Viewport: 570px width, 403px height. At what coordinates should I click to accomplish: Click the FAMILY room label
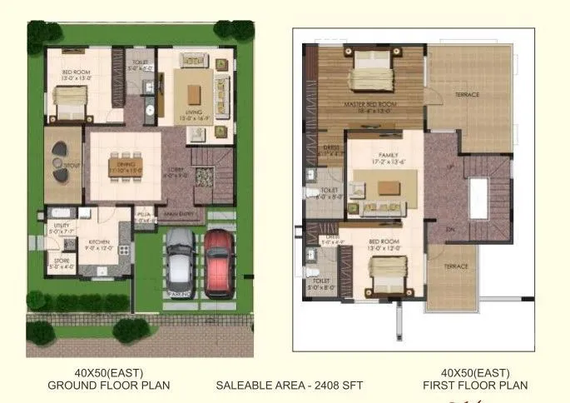(388, 155)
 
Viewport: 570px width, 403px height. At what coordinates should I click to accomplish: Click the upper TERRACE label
(467, 95)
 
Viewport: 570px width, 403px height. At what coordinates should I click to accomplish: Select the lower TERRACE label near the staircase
(455, 266)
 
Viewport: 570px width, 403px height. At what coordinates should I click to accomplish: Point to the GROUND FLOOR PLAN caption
(108, 386)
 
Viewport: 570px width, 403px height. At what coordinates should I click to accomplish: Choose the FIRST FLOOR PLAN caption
(475, 386)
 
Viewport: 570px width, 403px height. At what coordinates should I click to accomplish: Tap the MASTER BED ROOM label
(372, 103)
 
